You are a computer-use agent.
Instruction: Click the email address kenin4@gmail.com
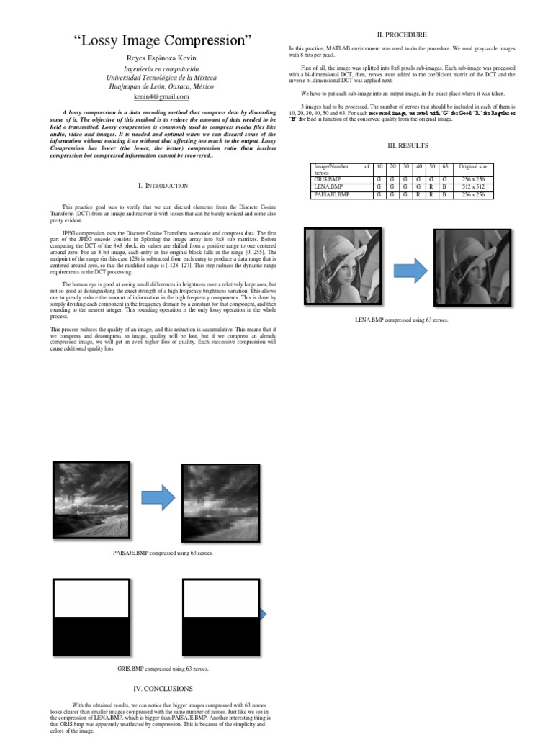[161, 96]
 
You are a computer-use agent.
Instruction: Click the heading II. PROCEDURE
[403, 35]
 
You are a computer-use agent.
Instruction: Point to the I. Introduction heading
[163, 186]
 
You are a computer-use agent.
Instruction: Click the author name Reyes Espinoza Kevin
[161, 57]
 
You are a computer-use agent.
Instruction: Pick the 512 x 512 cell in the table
[474, 187]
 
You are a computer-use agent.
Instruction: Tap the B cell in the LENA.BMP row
[444, 187]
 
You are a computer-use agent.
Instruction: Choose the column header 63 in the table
[444, 167]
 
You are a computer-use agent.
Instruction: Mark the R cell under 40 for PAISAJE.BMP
[418, 194]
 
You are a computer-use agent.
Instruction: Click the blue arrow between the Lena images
[411, 271]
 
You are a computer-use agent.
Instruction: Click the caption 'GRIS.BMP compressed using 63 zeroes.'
[163, 669]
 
